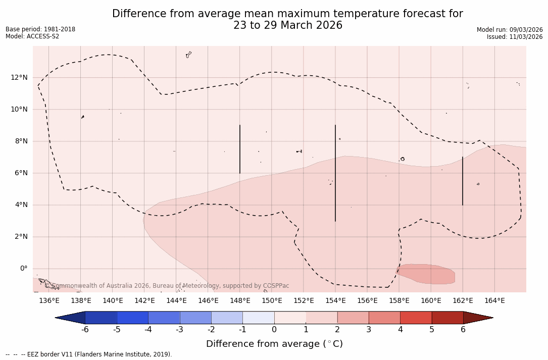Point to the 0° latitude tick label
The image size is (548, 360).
pos(23,269)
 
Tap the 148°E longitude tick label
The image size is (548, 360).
pos(240,301)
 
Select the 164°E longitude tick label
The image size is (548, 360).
pos(494,301)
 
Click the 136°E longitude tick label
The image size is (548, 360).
pos(49,301)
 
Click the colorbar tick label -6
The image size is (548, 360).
pos(85,330)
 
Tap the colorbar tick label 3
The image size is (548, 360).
pos(369,330)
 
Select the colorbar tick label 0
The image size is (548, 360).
pos(274,330)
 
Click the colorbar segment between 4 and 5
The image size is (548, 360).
pos(416,318)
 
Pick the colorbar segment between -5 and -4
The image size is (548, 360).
pos(132,318)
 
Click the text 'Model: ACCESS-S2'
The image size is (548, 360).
pos(32,36)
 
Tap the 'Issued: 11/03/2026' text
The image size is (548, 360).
pos(515,37)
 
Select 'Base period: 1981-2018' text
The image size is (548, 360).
pos(40,29)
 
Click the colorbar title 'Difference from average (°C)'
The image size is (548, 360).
pos(274,344)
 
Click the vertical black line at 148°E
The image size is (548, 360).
pos(240,149)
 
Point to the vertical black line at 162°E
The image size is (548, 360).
pos(463,181)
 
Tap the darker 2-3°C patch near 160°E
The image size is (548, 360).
pos(427,274)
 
